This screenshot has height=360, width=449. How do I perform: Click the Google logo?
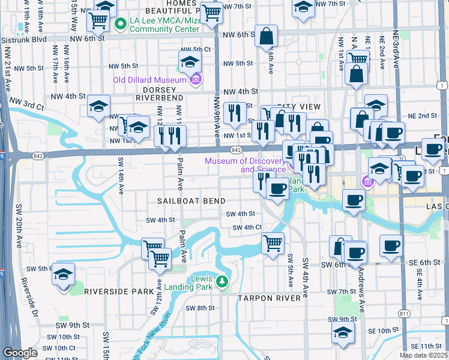pyautogui.click(x=20, y=353)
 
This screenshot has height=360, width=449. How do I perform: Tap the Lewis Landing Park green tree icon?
pyautogui.click(x=221, y=281)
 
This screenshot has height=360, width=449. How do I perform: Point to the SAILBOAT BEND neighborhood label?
pyautogui.click(x=191, y=201)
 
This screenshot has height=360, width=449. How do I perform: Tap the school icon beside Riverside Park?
pyautogui.click(x=63, y=274)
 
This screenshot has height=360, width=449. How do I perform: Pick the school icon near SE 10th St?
pyautogui.click(x=343, y=332)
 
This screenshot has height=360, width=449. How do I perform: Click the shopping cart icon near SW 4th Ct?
pyautogui.click(x=273, y=243)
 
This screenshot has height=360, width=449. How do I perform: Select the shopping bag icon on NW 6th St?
pyautogui.click(x=265, y=37)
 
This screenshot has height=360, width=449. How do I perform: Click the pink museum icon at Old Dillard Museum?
pyautogui.click(x=195, y=79)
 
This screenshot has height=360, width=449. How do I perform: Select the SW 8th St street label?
pyautogui.click(x=200, y=308)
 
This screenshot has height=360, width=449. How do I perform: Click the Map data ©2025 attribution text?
pyautogui.click(x=423, y=355)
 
